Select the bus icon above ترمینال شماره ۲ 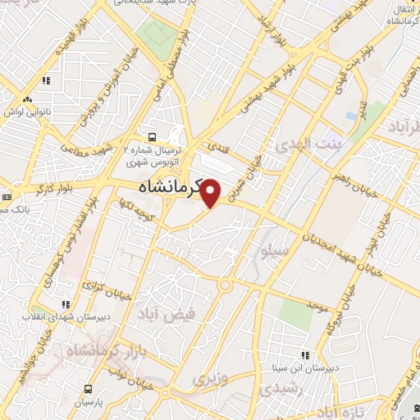click(152, 137)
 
